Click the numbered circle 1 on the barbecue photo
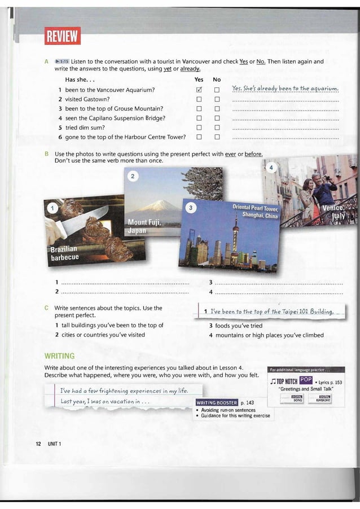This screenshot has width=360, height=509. (52, 208)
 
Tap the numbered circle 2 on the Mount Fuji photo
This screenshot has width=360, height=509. (133, 177)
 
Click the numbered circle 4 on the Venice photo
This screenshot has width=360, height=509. (271, 168)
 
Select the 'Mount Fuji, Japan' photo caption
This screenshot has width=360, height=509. (144, 226)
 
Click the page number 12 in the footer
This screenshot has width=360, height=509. (38, 444)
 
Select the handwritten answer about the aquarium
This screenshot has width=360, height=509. (285, 90)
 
